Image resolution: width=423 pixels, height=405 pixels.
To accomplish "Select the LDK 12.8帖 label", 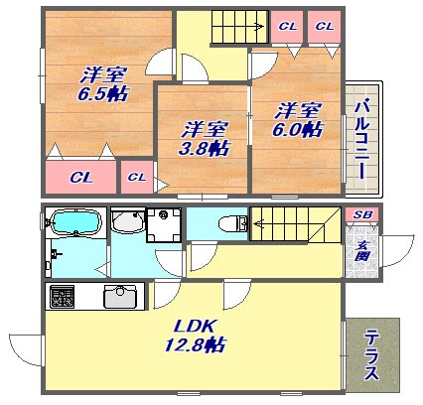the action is [196, 336].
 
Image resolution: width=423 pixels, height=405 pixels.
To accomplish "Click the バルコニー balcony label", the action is [362, 141].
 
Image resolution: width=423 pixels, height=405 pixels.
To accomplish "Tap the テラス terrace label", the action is [372, 355].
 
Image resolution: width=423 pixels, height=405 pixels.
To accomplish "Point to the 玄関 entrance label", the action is [361, 251].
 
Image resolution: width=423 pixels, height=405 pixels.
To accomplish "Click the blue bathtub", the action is [76, 223].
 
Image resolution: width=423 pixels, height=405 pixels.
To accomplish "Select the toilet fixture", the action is [233, 223].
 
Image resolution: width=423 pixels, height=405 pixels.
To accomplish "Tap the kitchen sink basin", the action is [120, 296].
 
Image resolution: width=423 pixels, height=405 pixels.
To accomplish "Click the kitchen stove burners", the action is [62, 296].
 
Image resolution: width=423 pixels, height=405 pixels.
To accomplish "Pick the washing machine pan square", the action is [164, 224].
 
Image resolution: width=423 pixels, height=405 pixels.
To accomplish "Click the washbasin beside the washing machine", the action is [127, 221].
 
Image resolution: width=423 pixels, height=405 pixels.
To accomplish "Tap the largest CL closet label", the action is [80, 178].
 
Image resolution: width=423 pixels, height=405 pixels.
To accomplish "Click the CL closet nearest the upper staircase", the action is [287, 26].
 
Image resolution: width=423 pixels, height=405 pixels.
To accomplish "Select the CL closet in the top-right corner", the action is [324, 26].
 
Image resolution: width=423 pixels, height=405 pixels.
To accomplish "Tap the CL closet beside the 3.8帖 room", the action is [137, 177].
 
